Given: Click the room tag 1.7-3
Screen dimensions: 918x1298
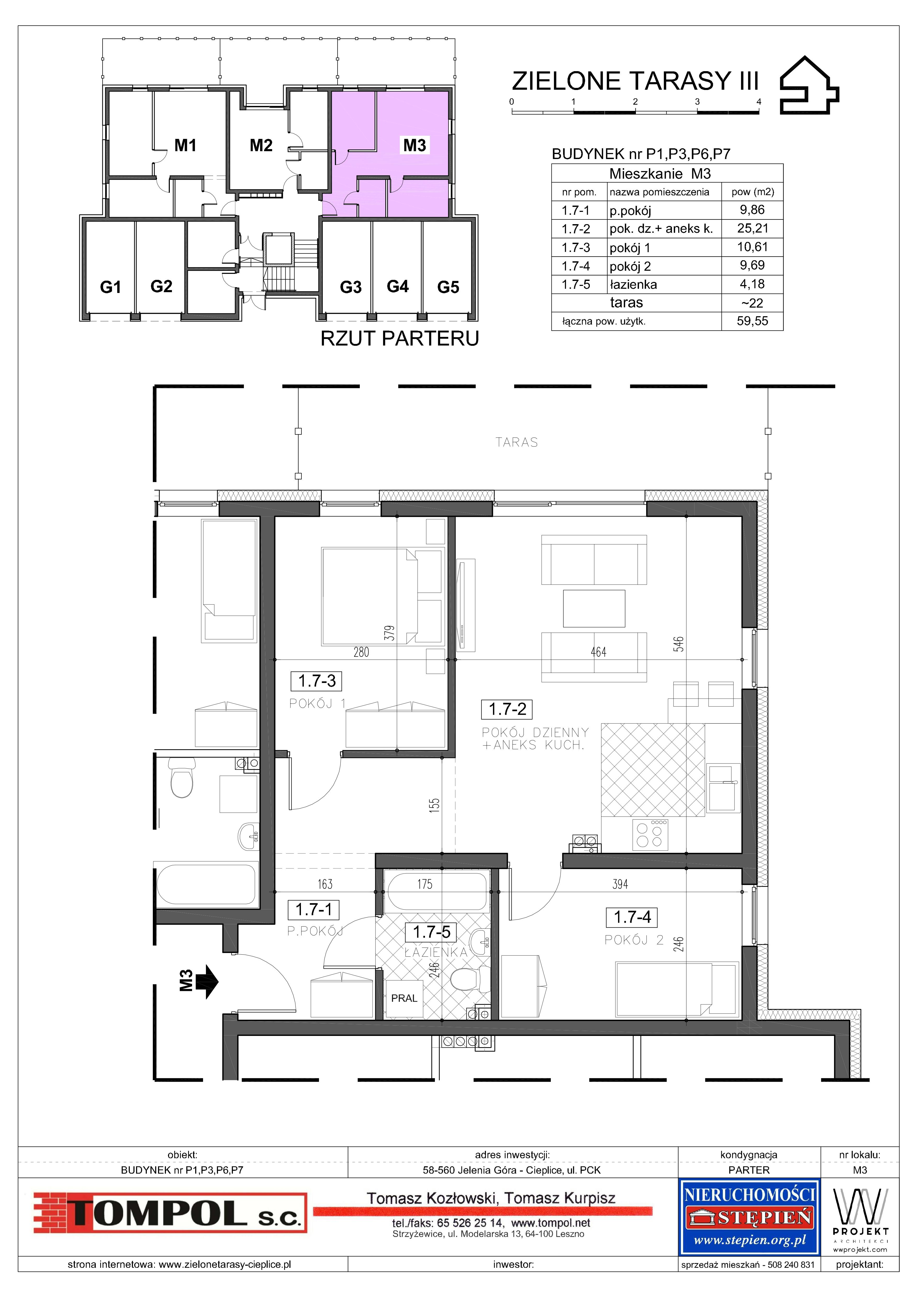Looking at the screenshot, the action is (x=317, y=681).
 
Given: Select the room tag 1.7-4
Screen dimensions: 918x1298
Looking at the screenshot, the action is (x=632, y=917).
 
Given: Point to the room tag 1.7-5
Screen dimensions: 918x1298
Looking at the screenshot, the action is (x=432, y=932).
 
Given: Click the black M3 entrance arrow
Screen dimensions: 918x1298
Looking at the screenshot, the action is (x=208, y=982).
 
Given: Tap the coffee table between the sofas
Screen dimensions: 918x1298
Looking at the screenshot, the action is (x=594, y=608).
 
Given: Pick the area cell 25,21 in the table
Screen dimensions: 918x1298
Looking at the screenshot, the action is (x=752, y=228).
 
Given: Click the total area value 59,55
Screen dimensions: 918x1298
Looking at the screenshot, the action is (x=752, y=321).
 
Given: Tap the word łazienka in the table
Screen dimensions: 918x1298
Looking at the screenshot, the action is (x=633, y=284).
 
